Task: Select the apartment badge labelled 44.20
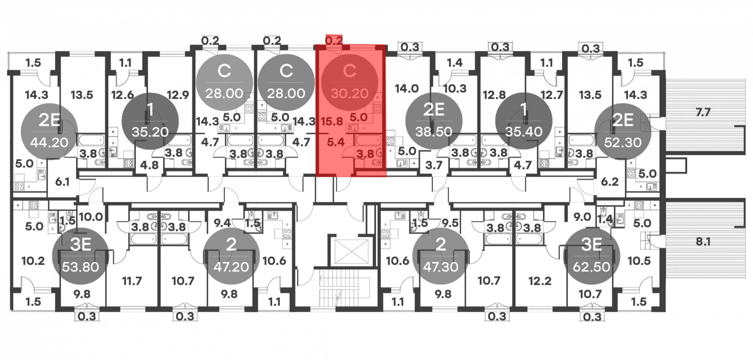[49, 131]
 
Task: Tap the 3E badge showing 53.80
[80, 256]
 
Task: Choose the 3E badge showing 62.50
[591, 256]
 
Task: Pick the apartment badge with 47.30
[441, 256]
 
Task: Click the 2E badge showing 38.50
[434, 121]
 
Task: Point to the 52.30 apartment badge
[623, 131]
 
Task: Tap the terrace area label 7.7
[703, 112]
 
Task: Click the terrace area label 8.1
[703, 241]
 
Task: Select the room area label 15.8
[332, 122]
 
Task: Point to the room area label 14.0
[407, 89]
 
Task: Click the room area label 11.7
[132, 281]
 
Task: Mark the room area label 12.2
[540, 281]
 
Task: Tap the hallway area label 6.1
[62, 182]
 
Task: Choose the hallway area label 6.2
[610, 182]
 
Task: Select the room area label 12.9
[178, 95]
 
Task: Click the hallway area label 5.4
[336, 142]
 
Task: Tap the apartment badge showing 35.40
[524, 121]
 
